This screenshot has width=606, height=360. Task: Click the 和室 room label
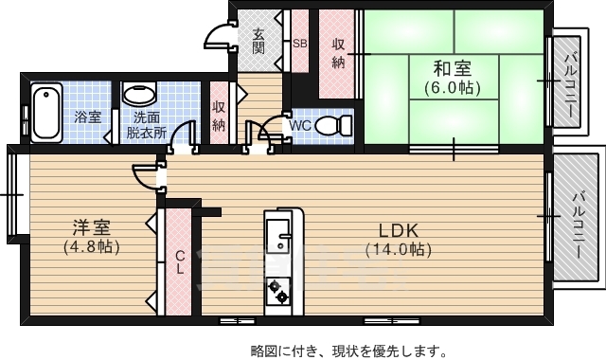click(452, 68)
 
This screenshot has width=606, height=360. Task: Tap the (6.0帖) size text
click(452, 88)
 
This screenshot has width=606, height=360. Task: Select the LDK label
click(399, 230)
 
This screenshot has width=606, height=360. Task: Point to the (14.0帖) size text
click(399, 250)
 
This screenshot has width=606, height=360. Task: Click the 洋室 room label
click(92, 227)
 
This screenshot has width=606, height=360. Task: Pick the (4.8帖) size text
click(92, 247)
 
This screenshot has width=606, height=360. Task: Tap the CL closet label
click(179, 261)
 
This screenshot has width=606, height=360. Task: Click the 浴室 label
click(88, 117)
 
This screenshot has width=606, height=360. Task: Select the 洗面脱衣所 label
click(146, 125)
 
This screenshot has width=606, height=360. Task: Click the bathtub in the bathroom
click(45, 113)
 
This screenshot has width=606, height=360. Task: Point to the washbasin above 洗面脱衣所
click(141, 95)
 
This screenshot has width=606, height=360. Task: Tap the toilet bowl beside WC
click(330, 124)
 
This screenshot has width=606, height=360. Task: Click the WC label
click(299, 124)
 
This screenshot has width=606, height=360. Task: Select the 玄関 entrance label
click(258, 38)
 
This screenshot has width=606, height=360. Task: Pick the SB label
click(299, 44)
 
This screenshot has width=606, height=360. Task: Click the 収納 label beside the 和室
click(338, 53)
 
